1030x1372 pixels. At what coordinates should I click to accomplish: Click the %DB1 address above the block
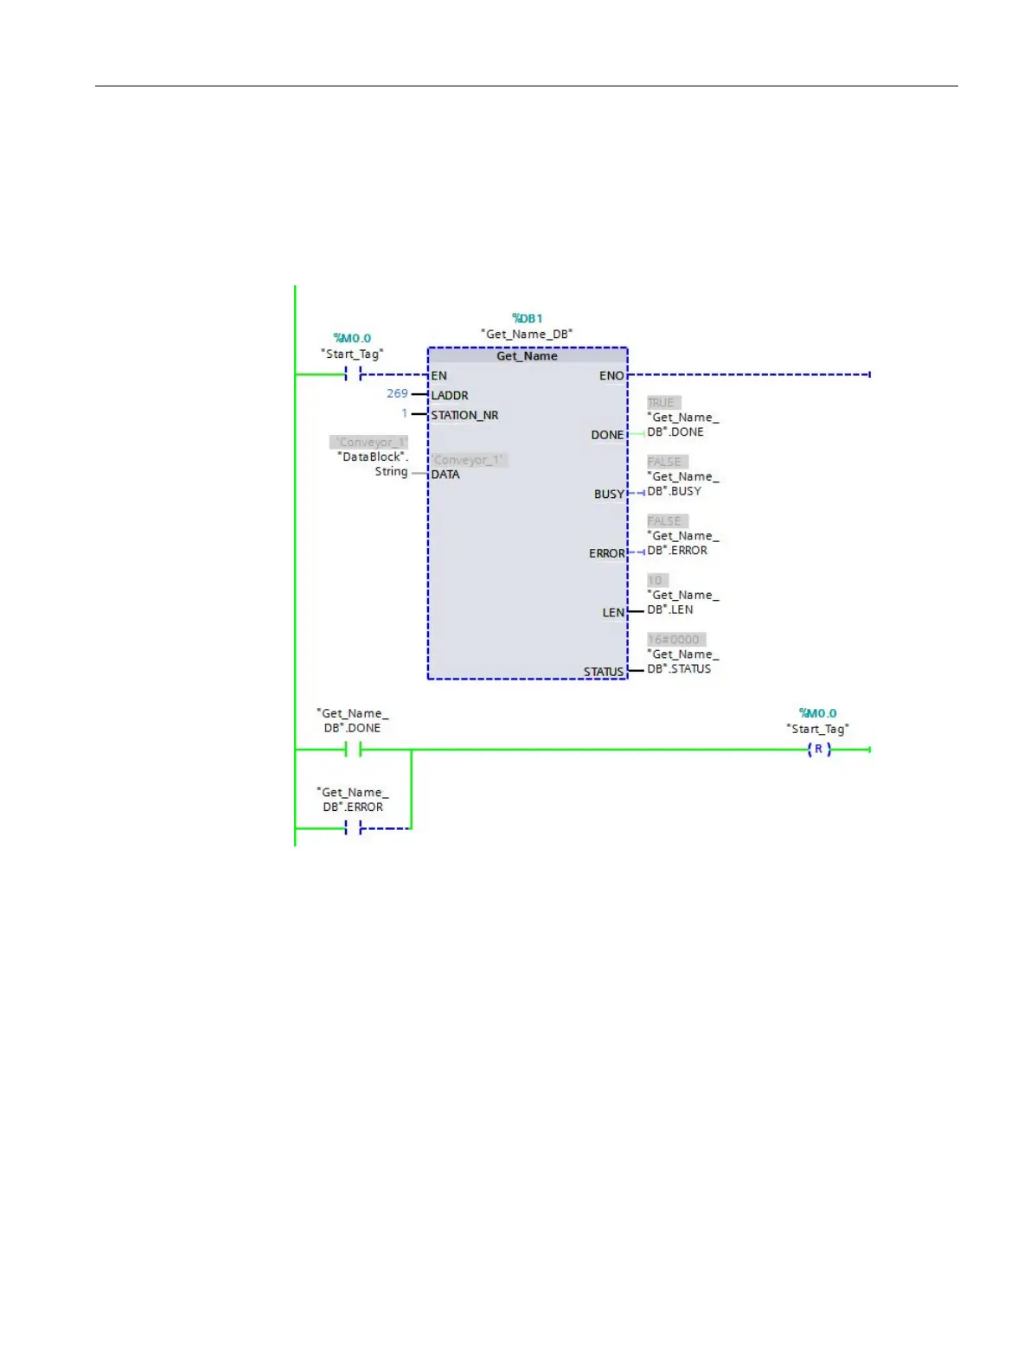pos(527,318)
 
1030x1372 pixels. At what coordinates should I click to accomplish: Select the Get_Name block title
pos(527,356)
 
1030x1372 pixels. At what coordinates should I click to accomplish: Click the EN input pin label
pos(439,376)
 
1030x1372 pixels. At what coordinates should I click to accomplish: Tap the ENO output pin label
pos(611,376)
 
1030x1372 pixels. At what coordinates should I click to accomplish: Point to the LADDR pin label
pos(450,395)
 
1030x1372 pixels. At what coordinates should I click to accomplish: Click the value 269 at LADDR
pos(397,393)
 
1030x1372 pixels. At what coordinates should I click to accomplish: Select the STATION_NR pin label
pos(464,415)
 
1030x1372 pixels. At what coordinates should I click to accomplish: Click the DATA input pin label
pos(445,475)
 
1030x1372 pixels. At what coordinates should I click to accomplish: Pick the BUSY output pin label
pos(609,495)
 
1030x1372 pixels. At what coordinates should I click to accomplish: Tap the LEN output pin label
pos(613,613)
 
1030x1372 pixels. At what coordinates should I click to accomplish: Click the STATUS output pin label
pos(604,672)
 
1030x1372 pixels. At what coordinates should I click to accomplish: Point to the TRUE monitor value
pos(662,403)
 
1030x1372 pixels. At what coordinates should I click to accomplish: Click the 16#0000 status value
pos(675,640)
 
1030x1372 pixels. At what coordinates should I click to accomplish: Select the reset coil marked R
pos(818,750)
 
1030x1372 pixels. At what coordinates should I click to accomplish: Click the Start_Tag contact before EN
pos(353,374)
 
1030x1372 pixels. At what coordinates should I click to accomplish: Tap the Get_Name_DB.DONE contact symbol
pos(353,750)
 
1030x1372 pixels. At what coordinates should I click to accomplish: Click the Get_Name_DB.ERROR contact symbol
pos(353,828)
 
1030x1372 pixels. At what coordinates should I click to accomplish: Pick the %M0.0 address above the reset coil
pos(817,713)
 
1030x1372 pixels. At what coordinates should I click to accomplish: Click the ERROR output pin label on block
pos(606,553)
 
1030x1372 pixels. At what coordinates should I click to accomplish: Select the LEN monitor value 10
pos(656,580)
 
